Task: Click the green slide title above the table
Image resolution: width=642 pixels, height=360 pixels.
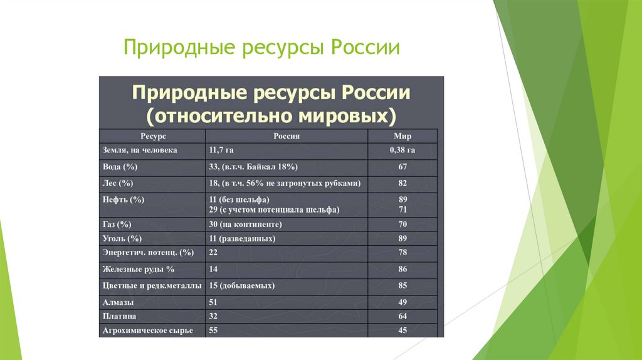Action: pos(261,48)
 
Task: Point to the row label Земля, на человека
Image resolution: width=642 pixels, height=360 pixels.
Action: pos(140,151)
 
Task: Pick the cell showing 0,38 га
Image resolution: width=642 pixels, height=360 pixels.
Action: pos(402,151)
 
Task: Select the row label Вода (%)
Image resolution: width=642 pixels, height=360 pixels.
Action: pos(120,167)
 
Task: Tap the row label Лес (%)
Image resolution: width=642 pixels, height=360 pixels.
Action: pos(118,183)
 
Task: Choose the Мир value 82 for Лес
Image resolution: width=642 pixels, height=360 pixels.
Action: pos(402,183)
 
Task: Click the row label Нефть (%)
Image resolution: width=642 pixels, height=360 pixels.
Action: pos(123,199)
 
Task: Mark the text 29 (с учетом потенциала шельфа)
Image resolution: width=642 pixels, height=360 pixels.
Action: pos(274,210)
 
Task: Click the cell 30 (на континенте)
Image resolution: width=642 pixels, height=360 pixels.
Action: pos(245,224)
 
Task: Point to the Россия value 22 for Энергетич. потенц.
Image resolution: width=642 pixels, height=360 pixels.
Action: pos(213,252)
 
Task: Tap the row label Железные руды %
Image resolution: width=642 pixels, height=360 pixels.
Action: pos(138,269)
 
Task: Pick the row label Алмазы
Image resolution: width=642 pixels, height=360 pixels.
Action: pos(117,302)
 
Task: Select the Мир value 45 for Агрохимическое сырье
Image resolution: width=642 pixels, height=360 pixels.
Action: pos(402,331)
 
